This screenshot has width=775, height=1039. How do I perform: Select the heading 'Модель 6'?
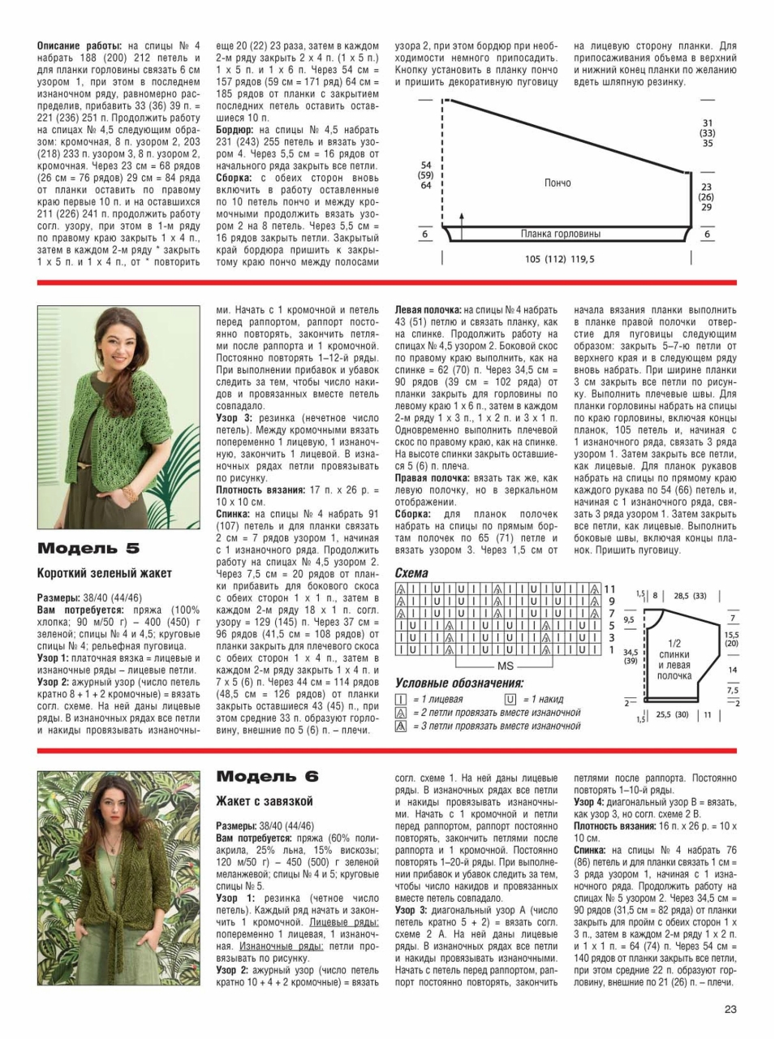pos(267,777)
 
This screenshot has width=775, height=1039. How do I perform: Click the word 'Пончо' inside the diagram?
pos(558,183)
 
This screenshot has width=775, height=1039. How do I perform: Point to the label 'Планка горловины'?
pos(561,235)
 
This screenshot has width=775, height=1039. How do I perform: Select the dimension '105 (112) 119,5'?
pos(559,259)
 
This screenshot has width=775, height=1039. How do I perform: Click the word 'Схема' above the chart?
pos(411,573)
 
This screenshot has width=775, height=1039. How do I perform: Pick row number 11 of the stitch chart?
pos(610,588)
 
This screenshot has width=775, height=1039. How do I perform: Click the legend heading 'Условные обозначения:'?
pos(459,683)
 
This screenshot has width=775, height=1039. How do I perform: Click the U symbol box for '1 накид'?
pos(510,699)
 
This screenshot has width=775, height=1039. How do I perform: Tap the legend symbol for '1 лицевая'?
pos(401,699)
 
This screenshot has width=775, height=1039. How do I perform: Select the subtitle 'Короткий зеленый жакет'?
pos(105,573)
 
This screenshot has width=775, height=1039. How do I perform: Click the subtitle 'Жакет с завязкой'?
pos(265,801)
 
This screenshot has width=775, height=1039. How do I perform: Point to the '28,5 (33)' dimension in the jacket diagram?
pos(690,596)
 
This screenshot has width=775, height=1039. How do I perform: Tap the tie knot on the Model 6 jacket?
pos(111,910)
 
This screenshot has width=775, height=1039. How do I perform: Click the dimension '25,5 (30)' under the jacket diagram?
pos(672,714)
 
